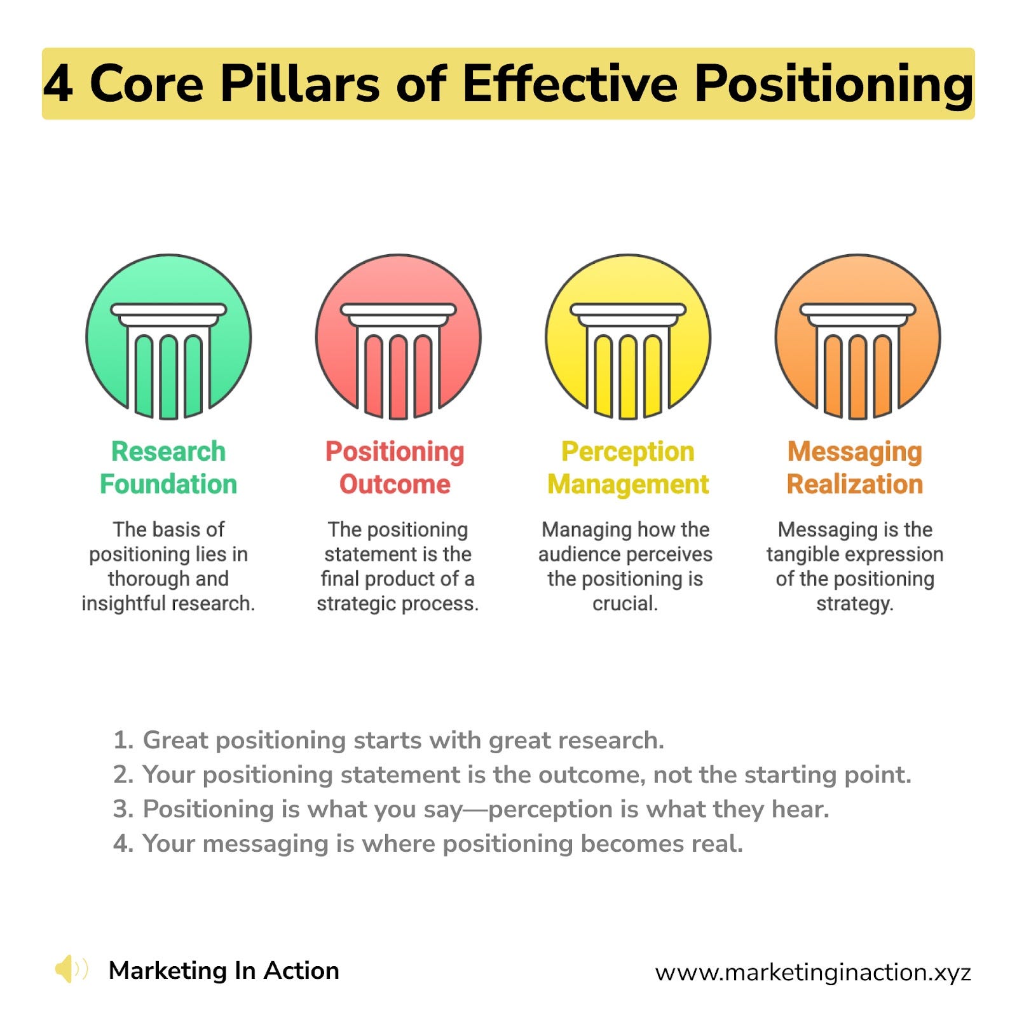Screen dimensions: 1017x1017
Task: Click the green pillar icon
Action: pos(168,337)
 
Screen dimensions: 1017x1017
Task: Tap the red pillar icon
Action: pos(399,337)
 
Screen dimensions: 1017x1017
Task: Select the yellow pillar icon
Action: pos(628,337)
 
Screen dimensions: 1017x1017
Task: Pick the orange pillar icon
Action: pos(857,337)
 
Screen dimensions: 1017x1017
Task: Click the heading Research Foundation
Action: pos(168,468)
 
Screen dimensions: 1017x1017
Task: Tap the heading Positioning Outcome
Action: pos(395,468)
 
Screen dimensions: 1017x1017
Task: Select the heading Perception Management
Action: pos(628,468)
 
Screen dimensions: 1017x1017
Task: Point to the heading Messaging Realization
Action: pos(855,468)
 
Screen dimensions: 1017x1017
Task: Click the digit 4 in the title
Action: pos(58,84)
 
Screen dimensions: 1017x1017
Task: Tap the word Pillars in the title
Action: pos(300,84)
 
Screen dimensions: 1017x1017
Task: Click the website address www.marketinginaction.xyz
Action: pos(813,972)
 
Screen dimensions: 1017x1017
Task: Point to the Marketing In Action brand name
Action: pos(224,971)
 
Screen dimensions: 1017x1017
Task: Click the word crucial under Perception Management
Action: pos(624,603)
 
